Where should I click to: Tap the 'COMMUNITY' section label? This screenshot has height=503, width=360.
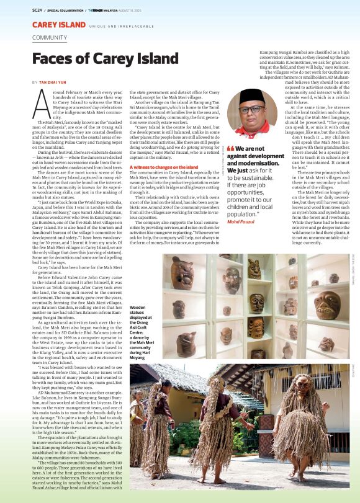click(50, 38)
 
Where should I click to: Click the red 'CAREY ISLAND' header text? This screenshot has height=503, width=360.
click(58, 25)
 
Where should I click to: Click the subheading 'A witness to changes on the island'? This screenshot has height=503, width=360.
click(164, 167)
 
